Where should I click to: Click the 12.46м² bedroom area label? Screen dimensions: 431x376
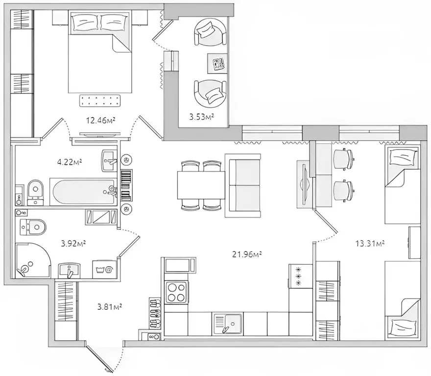[100, 120]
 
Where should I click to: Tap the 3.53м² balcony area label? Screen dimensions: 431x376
[201, 117]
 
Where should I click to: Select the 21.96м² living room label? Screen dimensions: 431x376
[247, 254]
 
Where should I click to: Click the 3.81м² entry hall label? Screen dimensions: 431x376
[110, 306]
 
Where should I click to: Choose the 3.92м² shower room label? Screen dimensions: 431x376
[73, 243]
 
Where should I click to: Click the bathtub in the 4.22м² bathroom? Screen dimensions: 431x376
[84, 192]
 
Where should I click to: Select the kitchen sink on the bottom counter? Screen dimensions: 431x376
[228, 324]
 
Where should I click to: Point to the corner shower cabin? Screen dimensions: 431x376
[32, 260]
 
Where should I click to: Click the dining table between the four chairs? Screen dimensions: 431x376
[201, 185]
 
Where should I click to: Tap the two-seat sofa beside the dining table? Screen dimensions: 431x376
[243, 185]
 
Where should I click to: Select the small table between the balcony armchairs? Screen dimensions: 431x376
[217, 63]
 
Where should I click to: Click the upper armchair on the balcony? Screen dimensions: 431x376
[211, 32]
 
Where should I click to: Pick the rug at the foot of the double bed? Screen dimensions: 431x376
[100, 100]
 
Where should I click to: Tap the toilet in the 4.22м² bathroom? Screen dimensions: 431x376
[35, 191]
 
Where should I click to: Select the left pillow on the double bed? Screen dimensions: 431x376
[85, 22]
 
